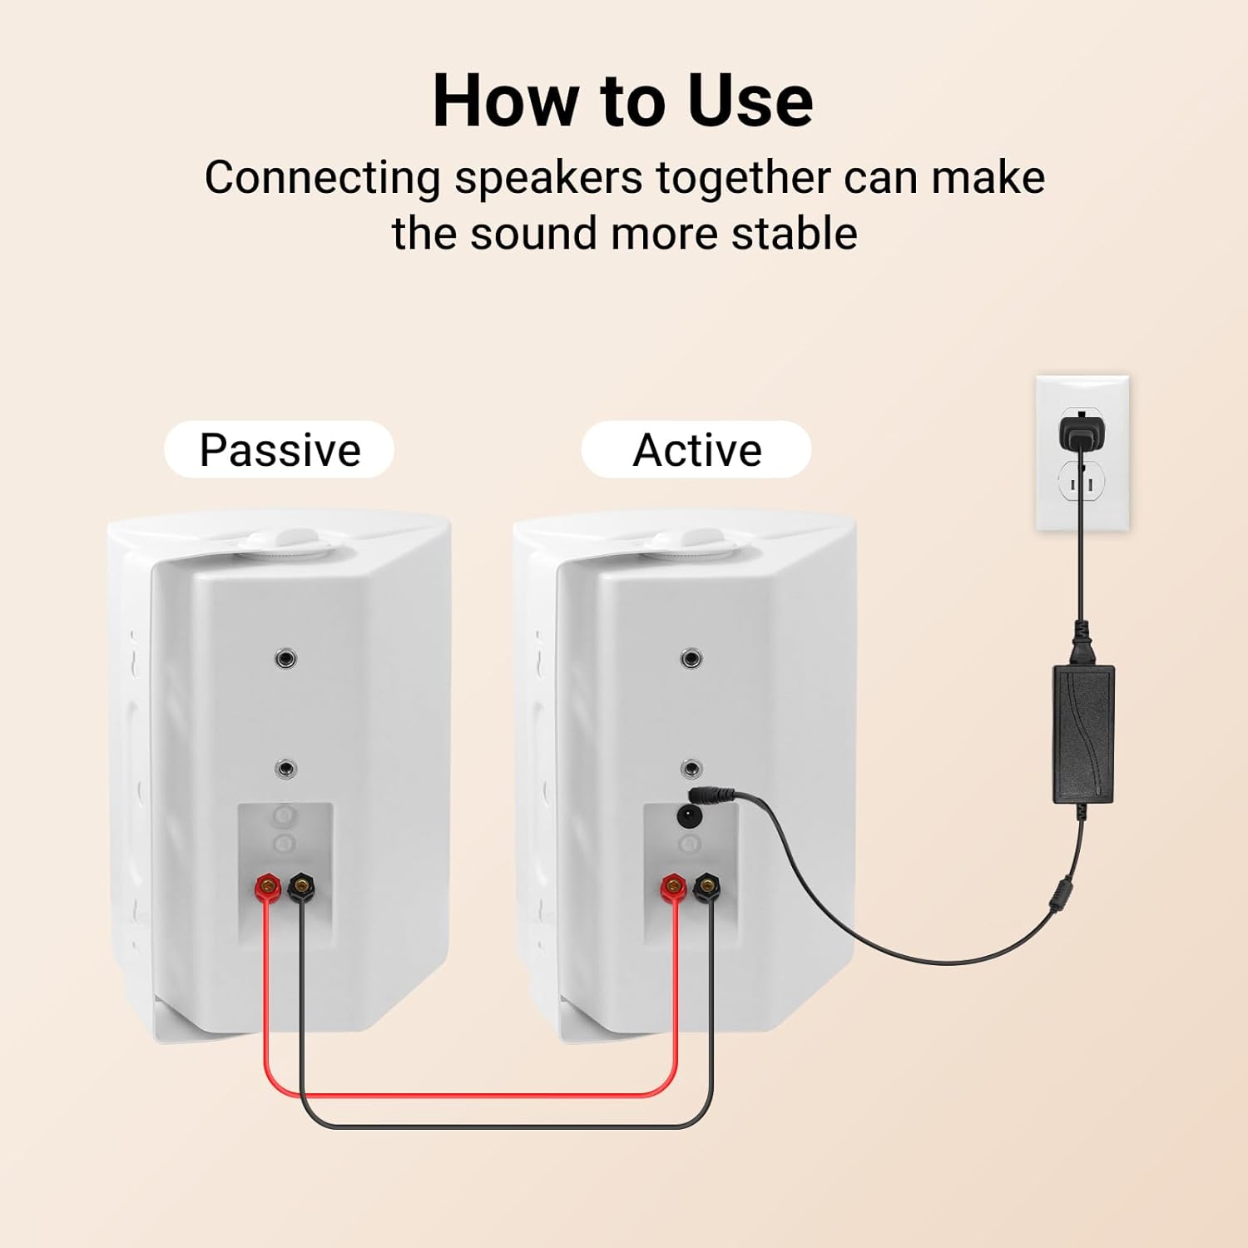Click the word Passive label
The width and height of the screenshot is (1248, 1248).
[280, 450]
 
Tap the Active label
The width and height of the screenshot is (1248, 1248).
[697, 450]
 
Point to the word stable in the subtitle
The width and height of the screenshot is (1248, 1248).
[795, 233]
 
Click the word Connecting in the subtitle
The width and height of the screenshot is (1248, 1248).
[323, 178]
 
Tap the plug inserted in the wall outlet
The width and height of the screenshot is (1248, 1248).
[1079, 432]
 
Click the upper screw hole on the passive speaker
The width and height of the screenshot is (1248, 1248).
[286, 659]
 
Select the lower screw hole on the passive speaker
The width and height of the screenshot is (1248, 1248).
[286, 768]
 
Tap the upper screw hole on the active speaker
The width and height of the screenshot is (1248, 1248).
[691, 659]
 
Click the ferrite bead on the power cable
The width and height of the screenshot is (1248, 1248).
[1062, 897]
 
